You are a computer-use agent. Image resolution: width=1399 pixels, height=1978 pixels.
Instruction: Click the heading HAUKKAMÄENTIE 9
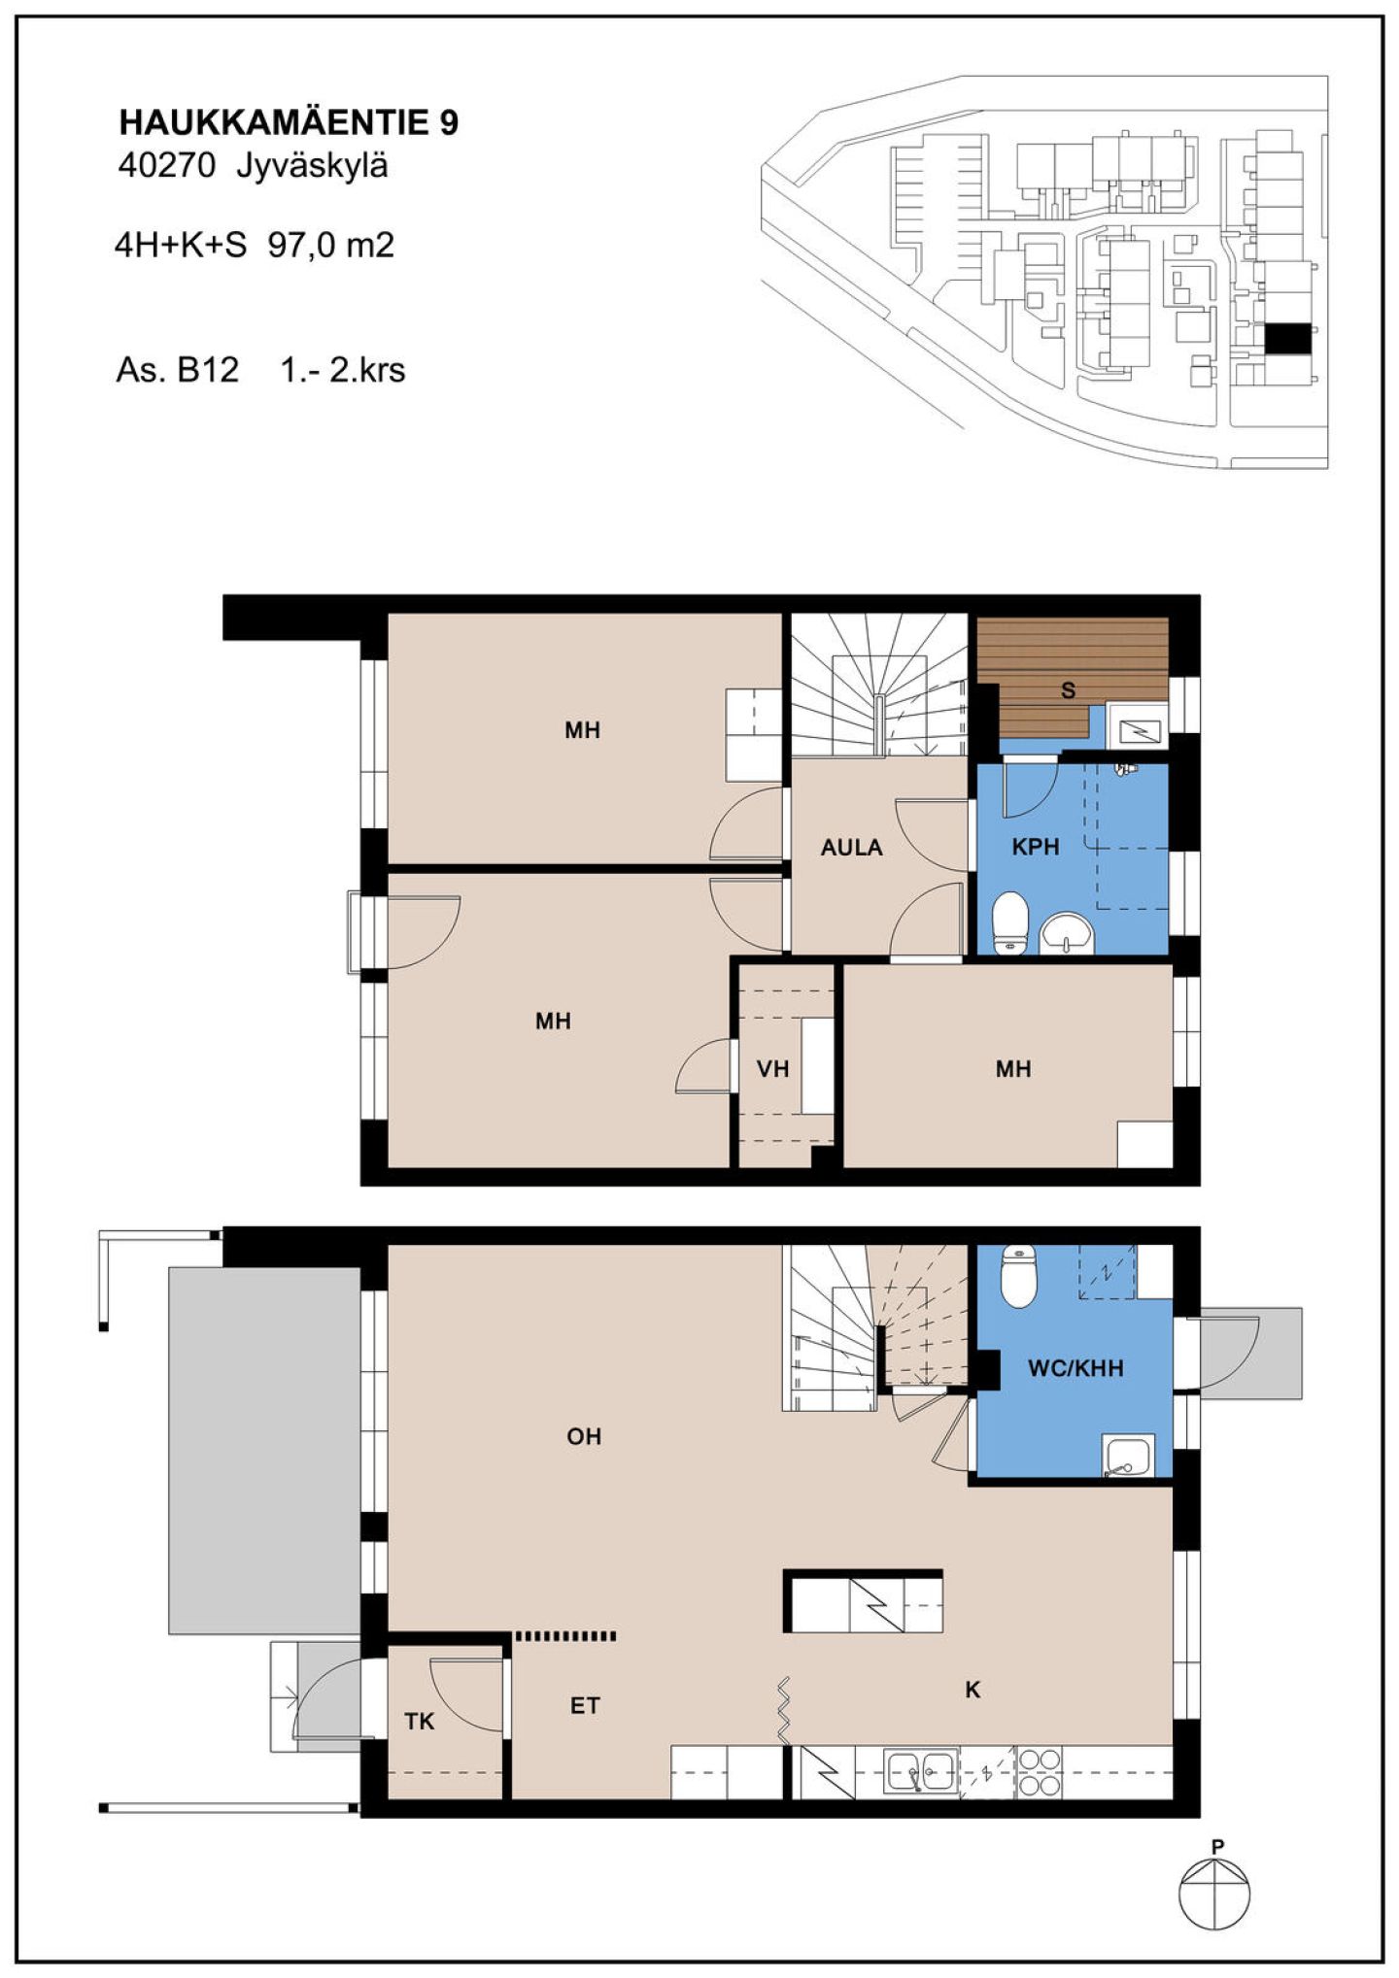pos(289,122)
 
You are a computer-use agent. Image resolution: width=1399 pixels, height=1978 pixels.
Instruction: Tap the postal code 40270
pos(166,166)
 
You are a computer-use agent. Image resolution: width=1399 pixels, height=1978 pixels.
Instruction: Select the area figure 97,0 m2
pos(331,245)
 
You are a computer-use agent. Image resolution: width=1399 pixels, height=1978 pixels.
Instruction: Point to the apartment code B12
pos(207,370)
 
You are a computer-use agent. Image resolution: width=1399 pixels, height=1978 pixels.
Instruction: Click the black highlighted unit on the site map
pos(1287,339)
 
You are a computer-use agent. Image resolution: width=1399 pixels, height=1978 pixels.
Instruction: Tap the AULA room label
pos(851,848)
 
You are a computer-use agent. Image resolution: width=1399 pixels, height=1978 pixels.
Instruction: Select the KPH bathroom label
pos(1036,847)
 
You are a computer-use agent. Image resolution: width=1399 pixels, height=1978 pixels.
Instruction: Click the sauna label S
pos(1069,690)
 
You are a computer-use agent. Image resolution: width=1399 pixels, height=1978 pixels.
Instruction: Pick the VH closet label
pos(772,1069)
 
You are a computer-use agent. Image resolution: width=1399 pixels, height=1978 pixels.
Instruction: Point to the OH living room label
pos(584,1436)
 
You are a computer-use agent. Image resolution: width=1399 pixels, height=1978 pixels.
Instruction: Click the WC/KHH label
pos(1075,1368)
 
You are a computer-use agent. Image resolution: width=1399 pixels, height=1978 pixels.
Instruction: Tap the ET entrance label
pos(585,1705)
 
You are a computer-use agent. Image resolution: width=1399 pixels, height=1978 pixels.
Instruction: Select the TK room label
pos(420,1722)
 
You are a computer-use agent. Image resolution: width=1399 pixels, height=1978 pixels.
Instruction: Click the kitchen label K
pos(972,1690)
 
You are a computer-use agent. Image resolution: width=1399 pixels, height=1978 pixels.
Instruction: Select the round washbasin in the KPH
pos(1068,934)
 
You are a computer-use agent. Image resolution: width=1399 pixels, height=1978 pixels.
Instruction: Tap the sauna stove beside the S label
pos(1136,726)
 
